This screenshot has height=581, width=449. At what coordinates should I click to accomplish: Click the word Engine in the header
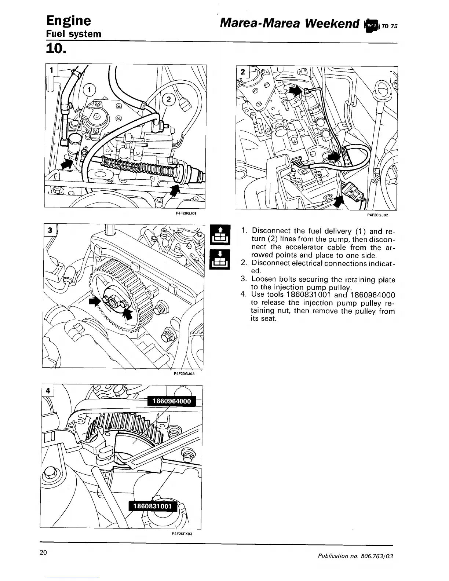[x=68, y=21]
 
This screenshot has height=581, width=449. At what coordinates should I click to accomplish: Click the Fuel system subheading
[x=73, y=34]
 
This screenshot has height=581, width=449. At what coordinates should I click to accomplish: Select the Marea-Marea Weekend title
[x=289, y=23]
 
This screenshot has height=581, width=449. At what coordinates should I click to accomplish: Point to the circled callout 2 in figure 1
[x=169, y=99]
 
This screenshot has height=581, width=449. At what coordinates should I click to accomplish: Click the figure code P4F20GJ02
[x=377, y=215]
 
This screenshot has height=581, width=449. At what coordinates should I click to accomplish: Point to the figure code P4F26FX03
[x=182, y=534]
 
